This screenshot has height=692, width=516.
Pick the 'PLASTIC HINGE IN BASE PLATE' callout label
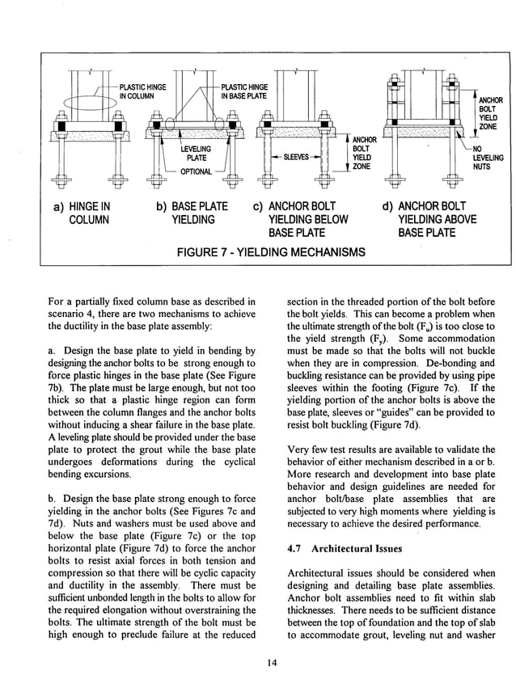[x=244, y=91]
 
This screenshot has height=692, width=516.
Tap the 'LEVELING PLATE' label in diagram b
[x=196, y=154]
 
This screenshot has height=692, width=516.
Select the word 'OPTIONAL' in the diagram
[x=196, y=171]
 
